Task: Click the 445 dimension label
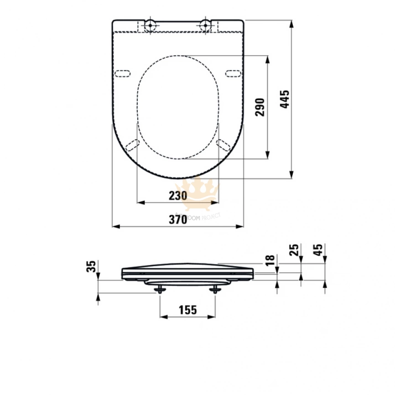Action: click(285, 99)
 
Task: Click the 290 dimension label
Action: click(260, 107)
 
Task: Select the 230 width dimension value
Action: click(178, 196)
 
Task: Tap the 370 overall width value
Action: click(178, 219)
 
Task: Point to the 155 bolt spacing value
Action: click(187, 310)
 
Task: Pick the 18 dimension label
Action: click(270, 260)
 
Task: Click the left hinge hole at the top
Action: click(150, 25)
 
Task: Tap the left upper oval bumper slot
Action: click(123, 73)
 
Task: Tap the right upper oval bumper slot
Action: click(233, 73)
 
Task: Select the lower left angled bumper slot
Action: click(132, 145)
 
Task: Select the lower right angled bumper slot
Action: click(223, 145)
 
